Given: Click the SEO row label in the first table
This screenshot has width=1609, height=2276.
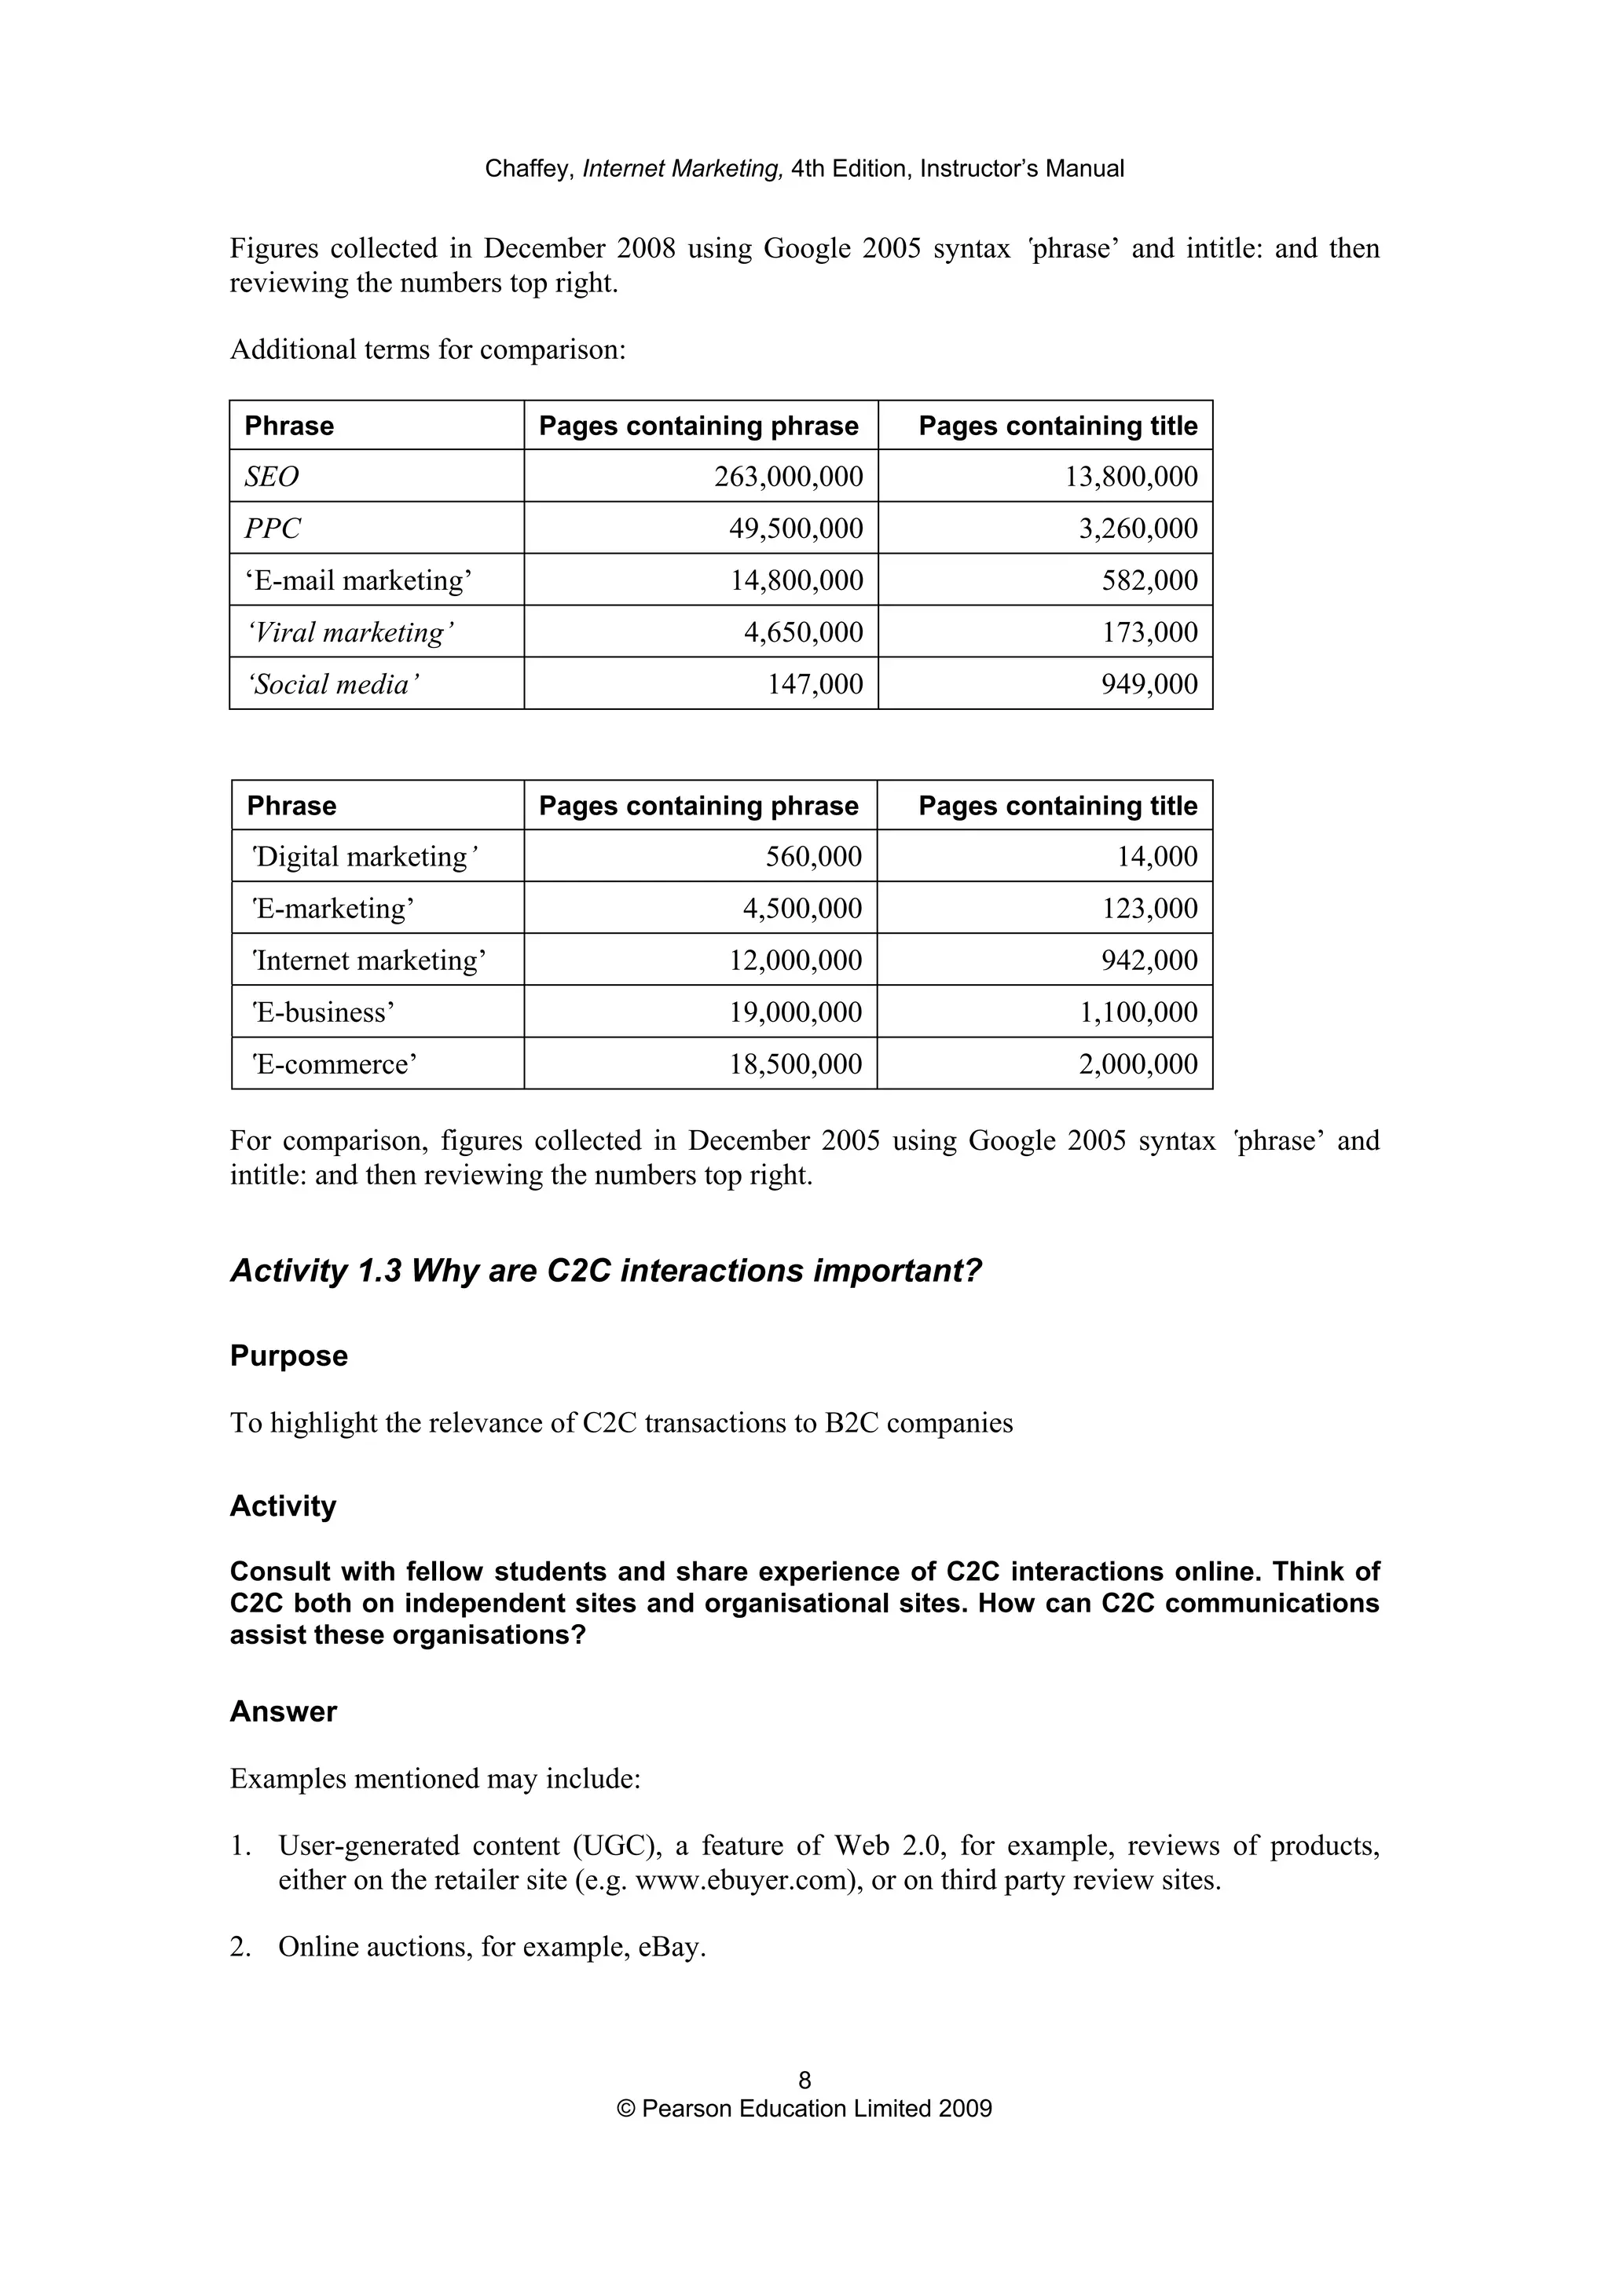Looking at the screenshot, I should click(272, 477).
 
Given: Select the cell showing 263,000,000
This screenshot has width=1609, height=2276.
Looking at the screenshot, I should click(788, 477).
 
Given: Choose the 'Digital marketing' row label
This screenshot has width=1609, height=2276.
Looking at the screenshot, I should click(364, 857).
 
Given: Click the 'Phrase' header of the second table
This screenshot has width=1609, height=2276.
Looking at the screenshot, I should click(291, 806).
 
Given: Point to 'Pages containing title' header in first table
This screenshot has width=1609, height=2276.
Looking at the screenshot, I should click(1057, 426).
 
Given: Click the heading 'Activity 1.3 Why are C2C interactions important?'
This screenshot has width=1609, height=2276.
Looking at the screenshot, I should click(605, 1271).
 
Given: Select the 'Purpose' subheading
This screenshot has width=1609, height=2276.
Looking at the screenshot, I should click(288, 1356).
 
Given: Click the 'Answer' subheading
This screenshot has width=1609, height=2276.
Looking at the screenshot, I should click(284, 1712).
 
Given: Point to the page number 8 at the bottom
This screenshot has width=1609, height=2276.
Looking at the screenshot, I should click(804, 2080).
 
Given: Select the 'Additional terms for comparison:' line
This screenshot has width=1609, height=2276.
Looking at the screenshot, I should click(427, 350).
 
